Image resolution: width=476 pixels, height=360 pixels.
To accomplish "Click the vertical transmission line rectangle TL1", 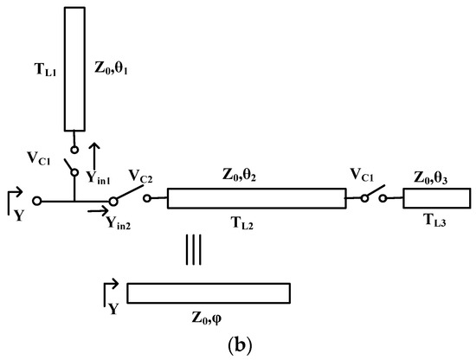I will click(x=74, y=69).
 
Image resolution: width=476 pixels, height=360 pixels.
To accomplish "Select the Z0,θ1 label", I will click(x=112, y=65).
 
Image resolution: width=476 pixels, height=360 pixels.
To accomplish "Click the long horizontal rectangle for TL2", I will click(x=255, y=198).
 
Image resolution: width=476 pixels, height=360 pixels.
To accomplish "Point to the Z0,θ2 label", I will click(x=257, y=176).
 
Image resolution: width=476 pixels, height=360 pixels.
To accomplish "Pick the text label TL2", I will click(x=255, y=221).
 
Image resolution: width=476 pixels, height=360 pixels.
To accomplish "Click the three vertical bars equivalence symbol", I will click(x=193, y=250).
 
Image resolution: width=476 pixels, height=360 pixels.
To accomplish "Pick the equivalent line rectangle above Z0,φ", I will click(x=208, y=293).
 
